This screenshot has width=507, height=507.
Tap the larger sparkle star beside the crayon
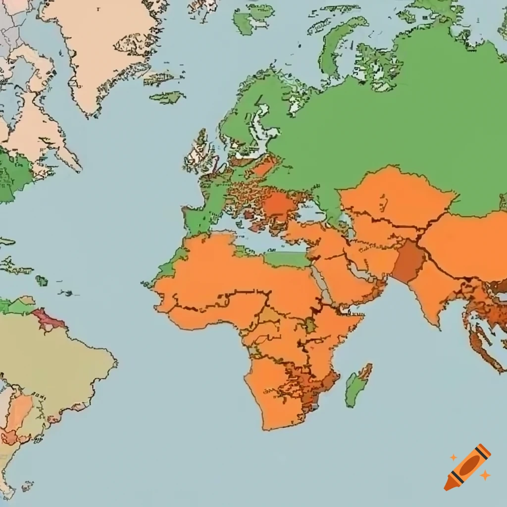[x=485, y=475]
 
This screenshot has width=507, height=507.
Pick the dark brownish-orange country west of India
[x=409, y=261]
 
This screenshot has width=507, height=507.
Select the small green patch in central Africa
[x=310, y=325]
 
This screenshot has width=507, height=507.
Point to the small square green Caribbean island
[x=42, y=281]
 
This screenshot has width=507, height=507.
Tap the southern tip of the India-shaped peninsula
[x=436, y=324]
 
